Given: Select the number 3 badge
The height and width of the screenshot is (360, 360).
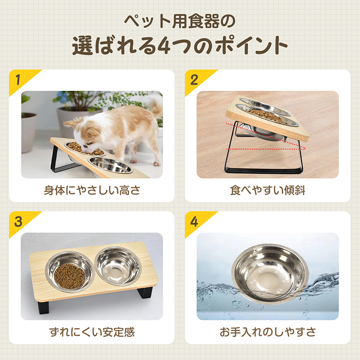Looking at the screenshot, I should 18,221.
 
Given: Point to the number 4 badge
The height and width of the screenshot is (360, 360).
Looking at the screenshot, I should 194,221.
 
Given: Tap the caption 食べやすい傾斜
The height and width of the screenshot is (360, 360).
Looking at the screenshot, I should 267,190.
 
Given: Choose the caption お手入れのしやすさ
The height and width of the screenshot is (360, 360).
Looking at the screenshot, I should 267,332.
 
